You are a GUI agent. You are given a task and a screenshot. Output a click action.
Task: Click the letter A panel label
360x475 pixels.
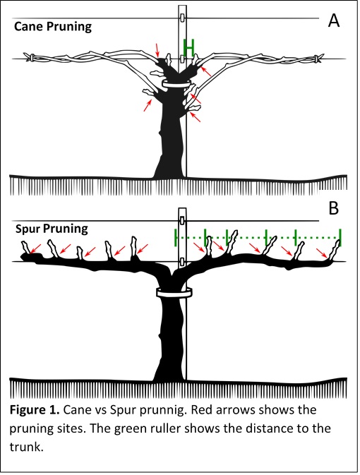pos(334,20)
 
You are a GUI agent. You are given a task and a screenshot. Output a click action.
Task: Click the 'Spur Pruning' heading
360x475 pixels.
pos(52,229)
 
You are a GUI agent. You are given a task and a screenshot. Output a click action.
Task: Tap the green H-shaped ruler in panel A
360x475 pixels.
pos(188,47)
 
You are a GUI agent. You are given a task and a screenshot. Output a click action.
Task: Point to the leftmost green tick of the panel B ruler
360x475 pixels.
pos(174,237)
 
